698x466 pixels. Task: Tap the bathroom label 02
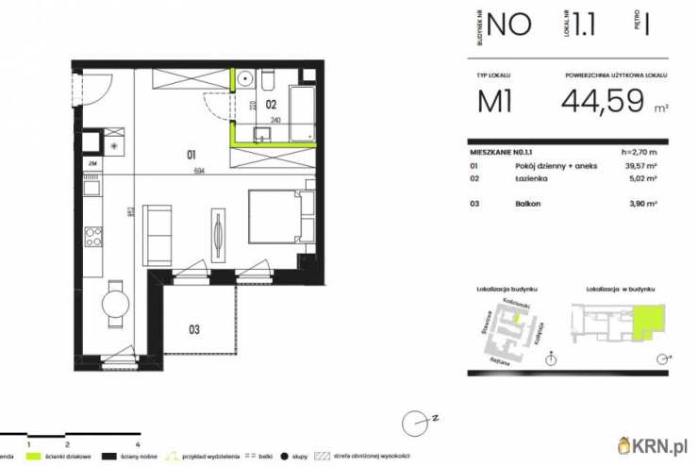pos(269,106)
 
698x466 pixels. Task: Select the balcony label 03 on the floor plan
pos(194,329)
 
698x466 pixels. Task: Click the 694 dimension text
pos(198,171)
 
